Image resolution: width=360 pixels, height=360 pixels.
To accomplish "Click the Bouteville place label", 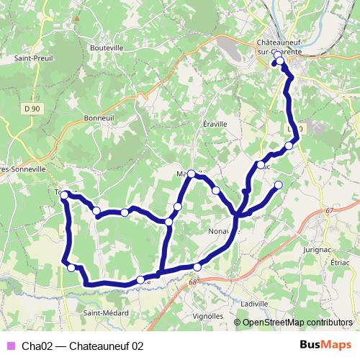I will coord(107,48).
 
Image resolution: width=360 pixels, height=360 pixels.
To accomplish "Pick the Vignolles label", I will coord(208,315).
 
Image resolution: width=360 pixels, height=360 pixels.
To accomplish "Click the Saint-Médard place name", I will coord(105,313).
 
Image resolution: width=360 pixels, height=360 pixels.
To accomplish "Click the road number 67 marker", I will coord(329,210).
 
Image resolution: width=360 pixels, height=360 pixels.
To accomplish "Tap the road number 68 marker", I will coord(193,282).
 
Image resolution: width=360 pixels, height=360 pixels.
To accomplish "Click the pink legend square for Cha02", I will coord(10,346).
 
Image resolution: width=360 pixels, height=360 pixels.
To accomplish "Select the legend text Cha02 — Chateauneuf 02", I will coord(82,346).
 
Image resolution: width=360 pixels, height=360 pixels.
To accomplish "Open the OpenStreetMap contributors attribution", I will coord(297,323).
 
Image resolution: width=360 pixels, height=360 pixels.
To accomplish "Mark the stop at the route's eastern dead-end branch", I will coord(279,186).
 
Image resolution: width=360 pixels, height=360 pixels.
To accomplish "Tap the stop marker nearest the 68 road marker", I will coord(197,268).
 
